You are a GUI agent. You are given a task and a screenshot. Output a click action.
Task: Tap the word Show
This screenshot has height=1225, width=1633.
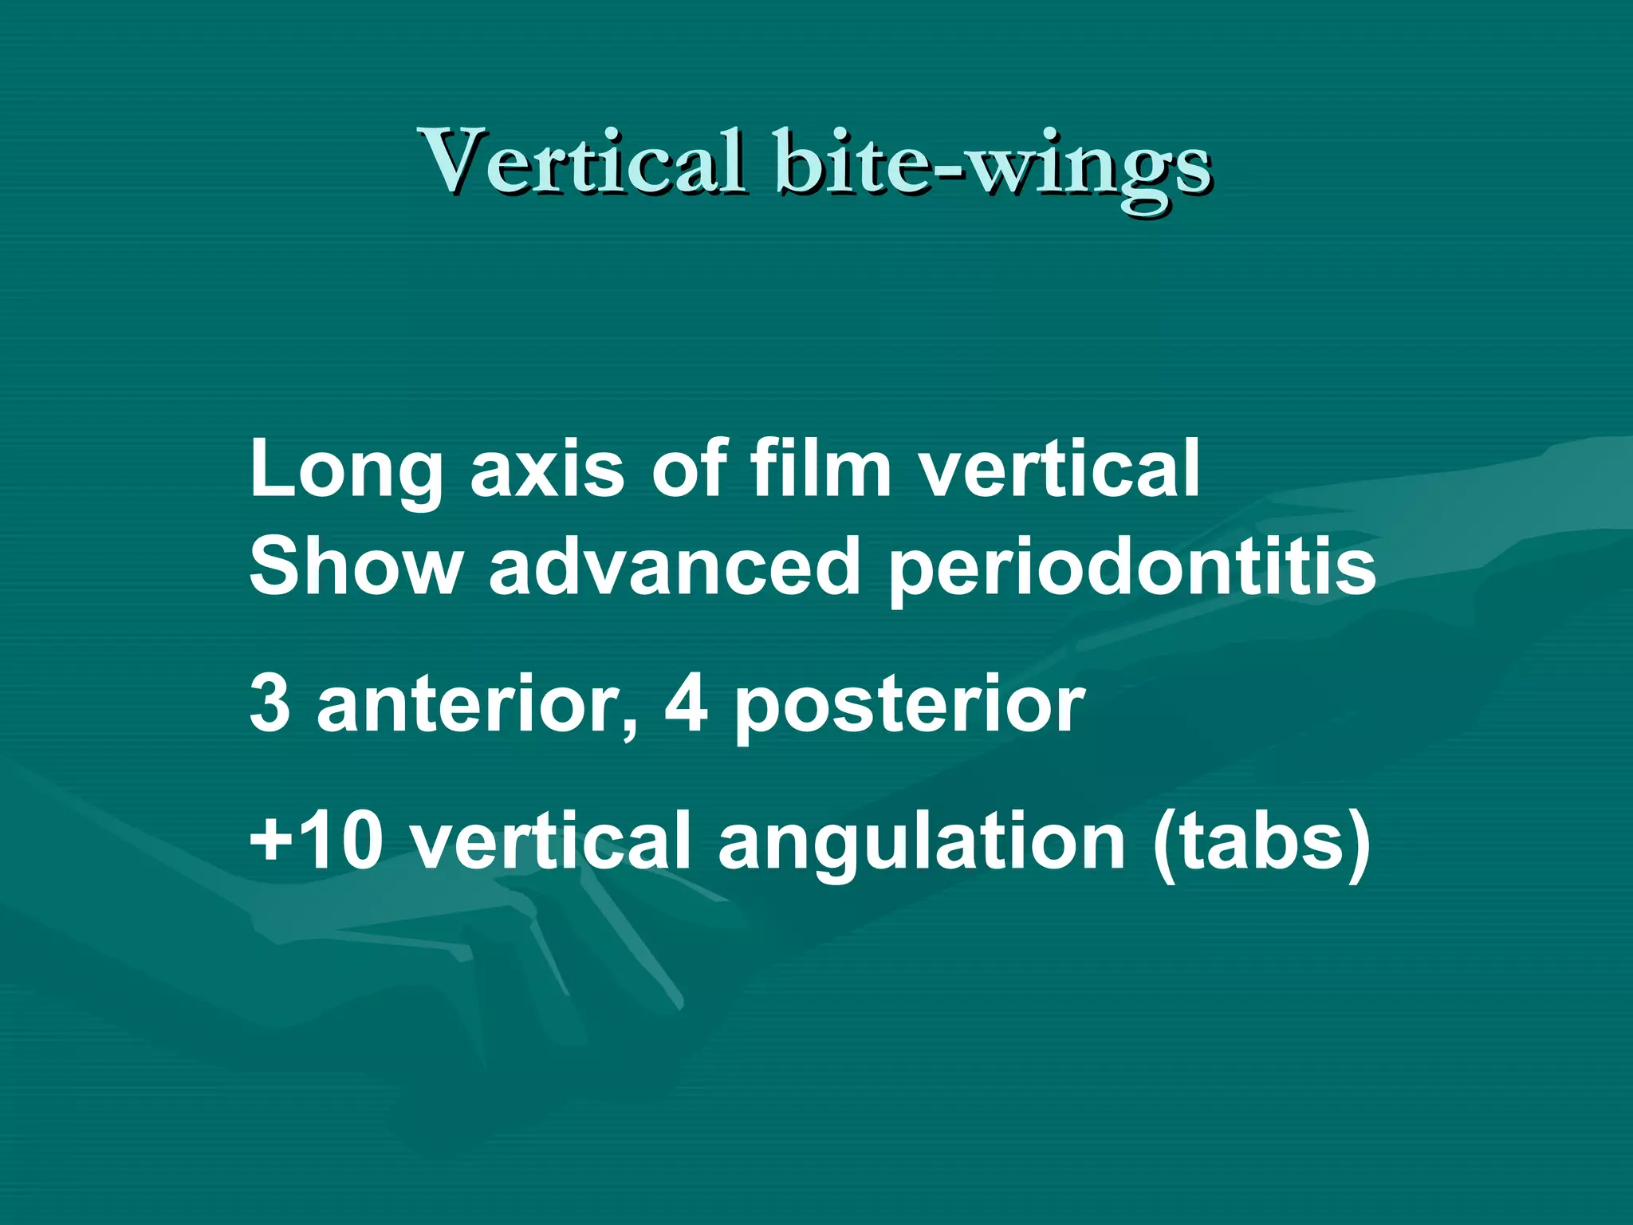[355, 565]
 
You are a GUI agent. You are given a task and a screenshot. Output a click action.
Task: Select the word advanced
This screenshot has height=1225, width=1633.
[675, 565]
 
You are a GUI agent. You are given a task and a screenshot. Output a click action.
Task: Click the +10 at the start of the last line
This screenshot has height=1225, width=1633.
[316, 841]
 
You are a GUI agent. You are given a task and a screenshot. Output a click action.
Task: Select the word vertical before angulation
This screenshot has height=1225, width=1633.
[550, 841]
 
